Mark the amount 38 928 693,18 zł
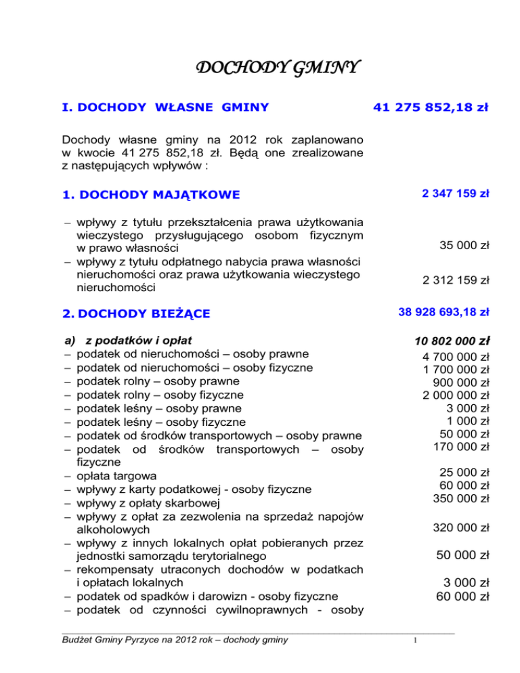[443, 313]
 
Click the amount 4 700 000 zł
[456, 356]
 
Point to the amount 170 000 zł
[461, 446]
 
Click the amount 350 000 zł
[461, 498]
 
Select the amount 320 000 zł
[461, 527]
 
